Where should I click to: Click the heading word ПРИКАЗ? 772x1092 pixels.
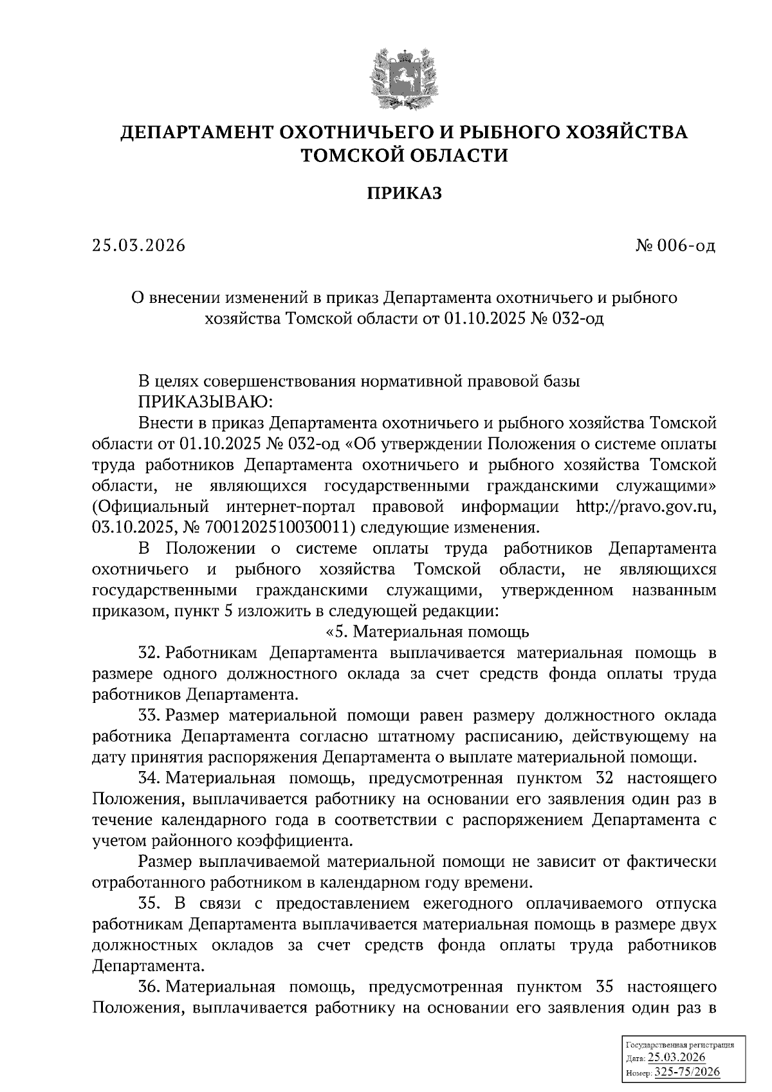[404, 193]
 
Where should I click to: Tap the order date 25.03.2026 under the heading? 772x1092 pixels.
[138, 246]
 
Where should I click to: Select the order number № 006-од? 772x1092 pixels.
[674, 246]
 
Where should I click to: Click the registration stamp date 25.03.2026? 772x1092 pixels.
[677, 1058]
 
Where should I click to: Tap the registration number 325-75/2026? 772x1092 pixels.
[686, 1071]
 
